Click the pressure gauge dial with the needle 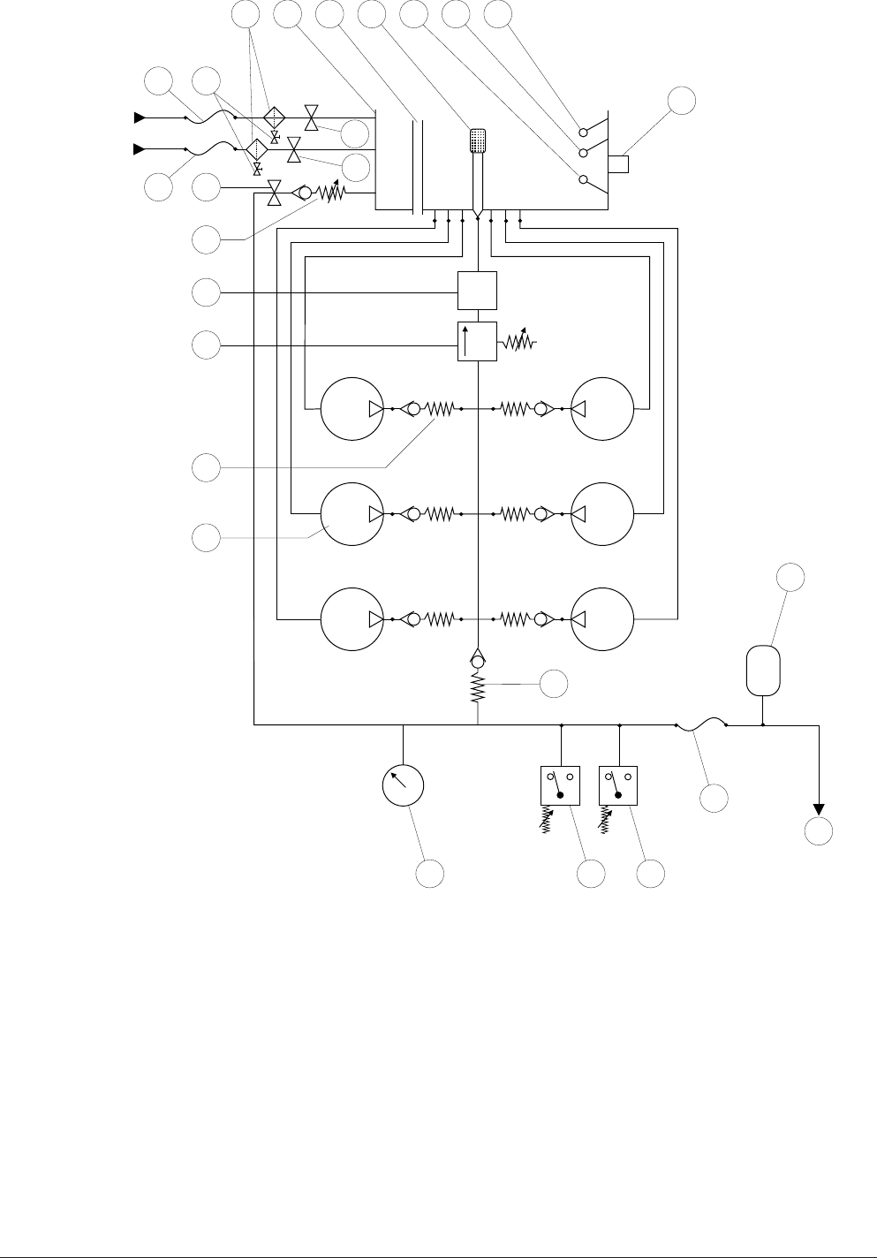403,784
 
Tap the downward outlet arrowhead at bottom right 819,808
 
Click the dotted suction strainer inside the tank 478,140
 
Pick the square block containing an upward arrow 477,342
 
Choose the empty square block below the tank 477,291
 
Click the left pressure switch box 560,785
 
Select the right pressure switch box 617,785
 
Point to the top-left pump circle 352,409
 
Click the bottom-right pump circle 603,618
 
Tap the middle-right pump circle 603,513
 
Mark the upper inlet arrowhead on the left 140,117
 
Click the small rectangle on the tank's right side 618,164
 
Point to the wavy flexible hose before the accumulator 700,725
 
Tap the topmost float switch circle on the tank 583,132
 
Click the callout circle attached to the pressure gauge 430,874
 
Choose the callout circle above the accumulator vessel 790,580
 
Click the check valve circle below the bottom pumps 478,661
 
